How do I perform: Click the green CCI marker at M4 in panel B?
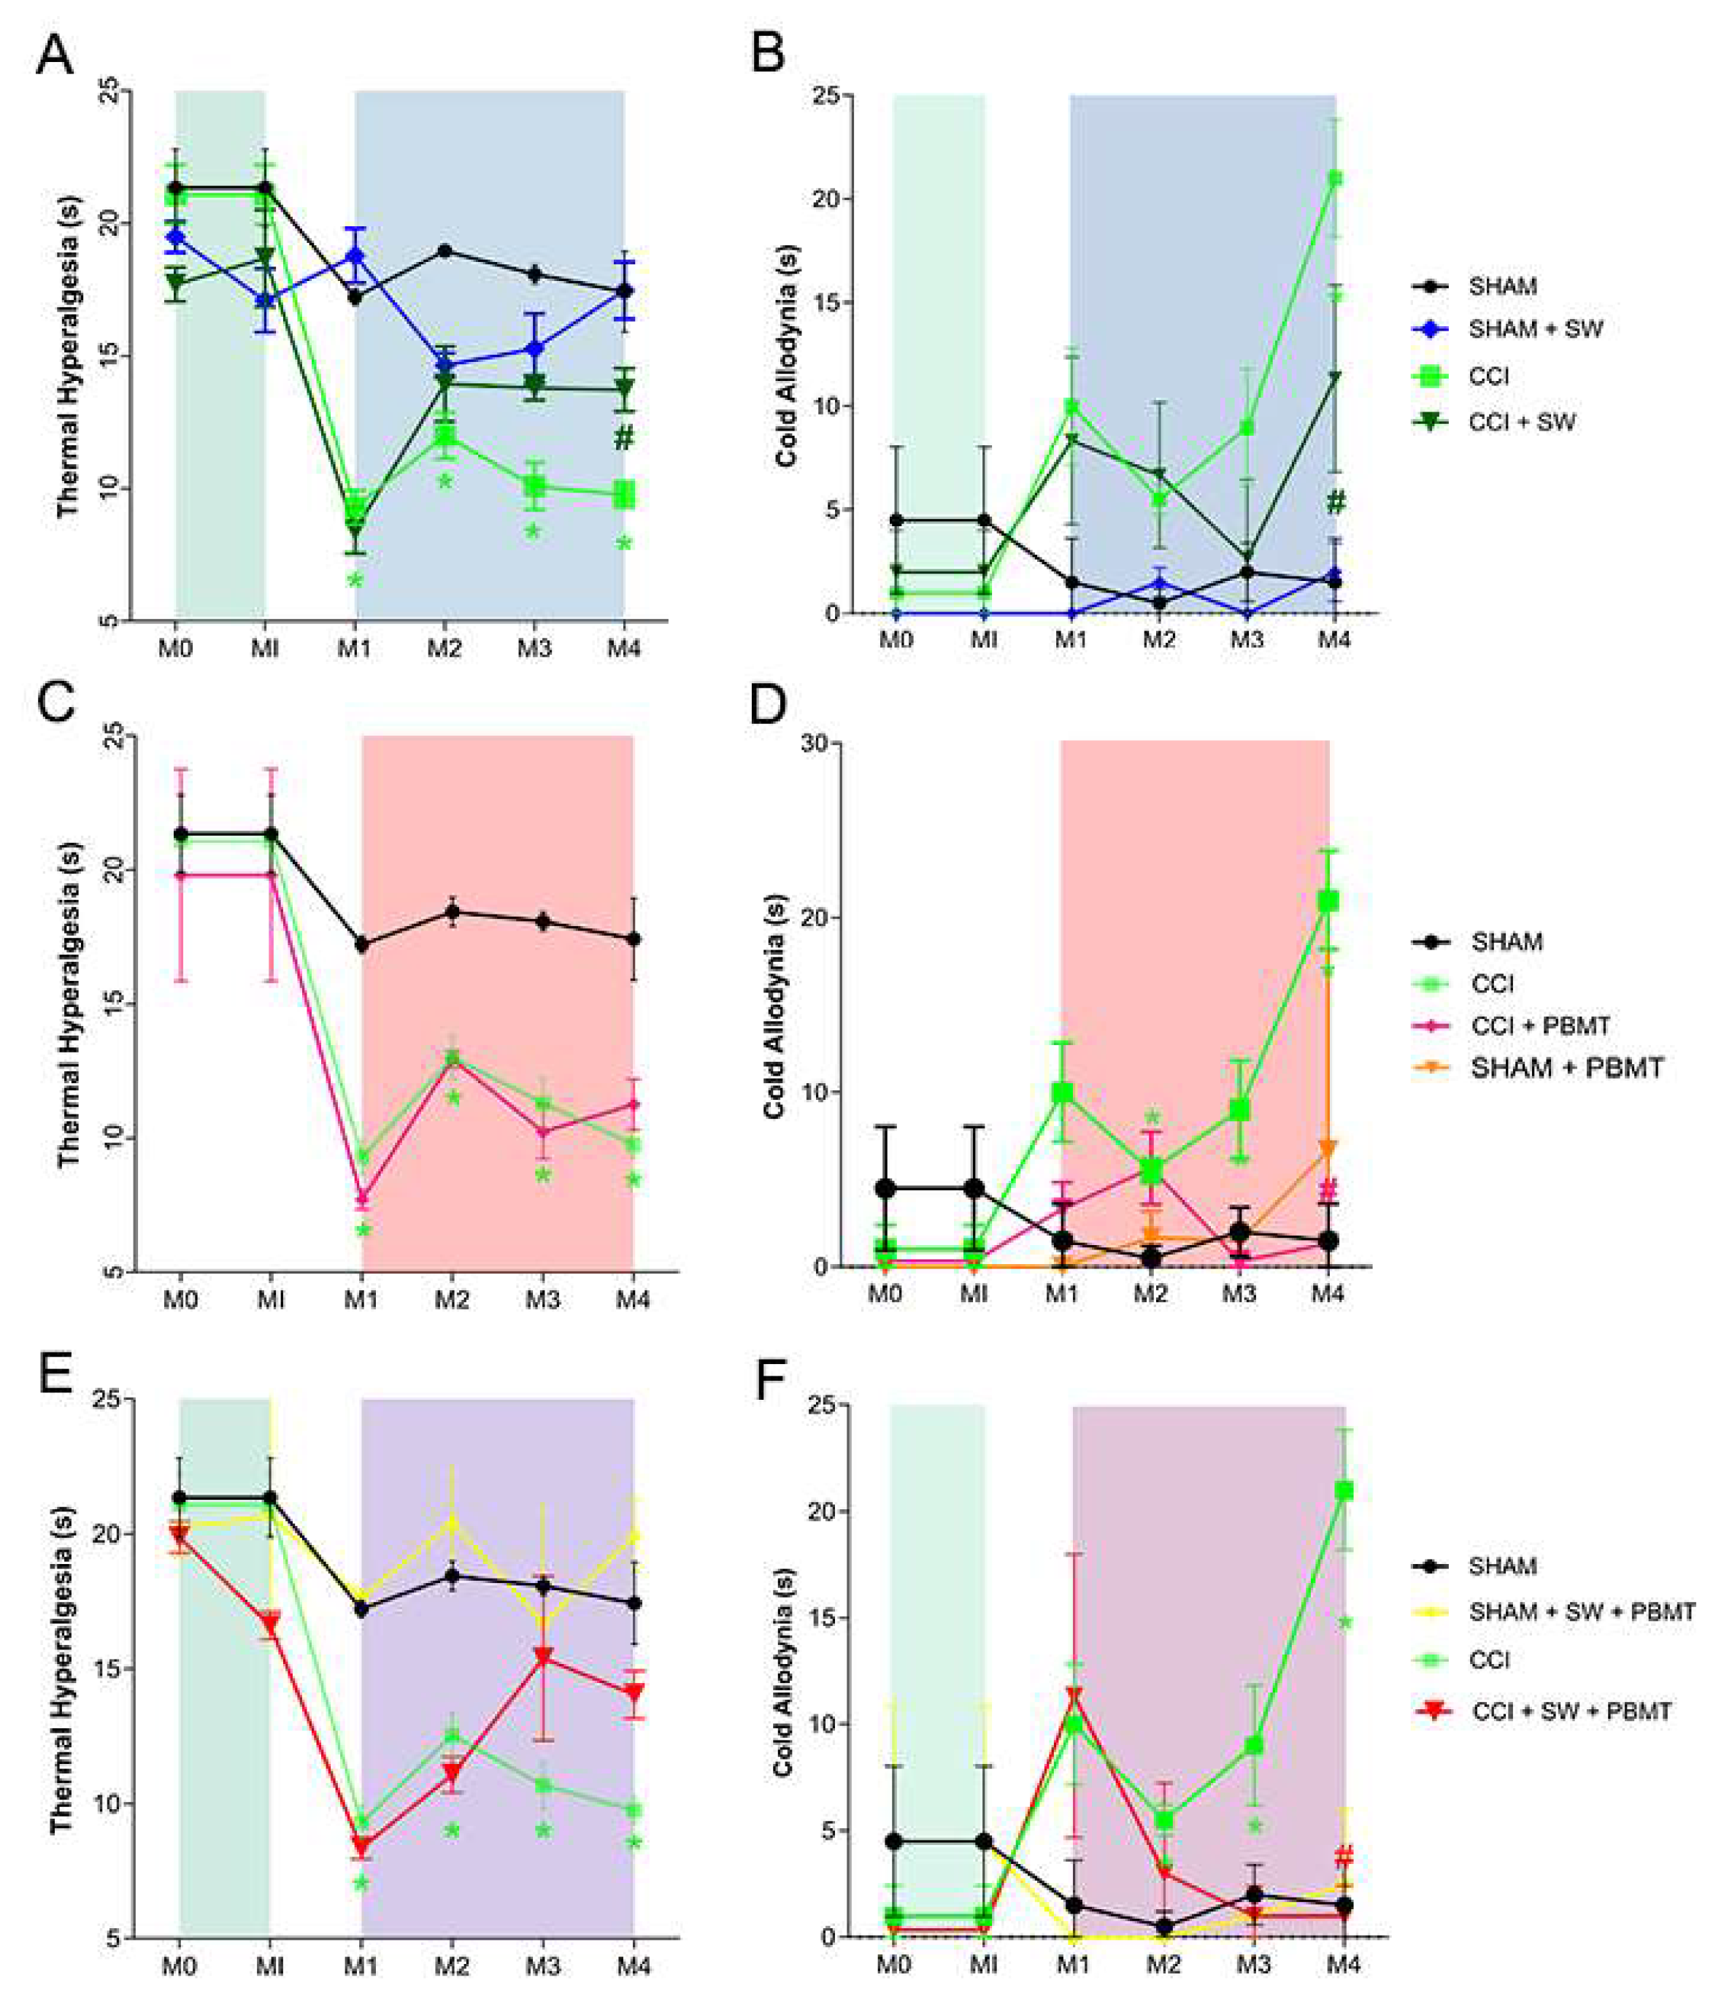(1335, 178)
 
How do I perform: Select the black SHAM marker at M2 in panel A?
(445, 251)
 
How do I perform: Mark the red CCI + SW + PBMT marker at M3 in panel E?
(543, 1657)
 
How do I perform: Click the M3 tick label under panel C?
(542, 1299)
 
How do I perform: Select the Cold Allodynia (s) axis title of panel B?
(786, 355)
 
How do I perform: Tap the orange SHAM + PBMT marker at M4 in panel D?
(1328, 1149)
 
